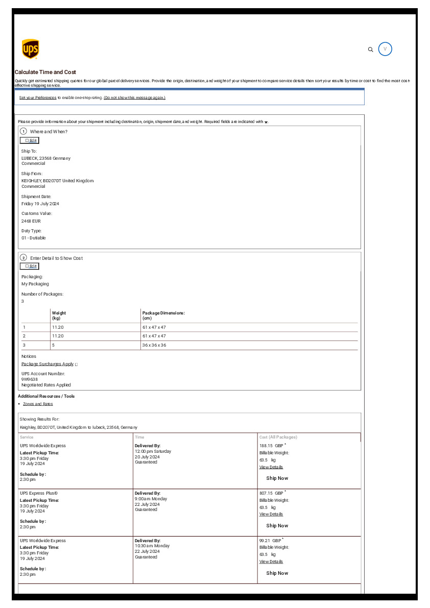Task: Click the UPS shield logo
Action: [x=31, y=50]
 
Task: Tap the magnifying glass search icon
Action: [x=371, y=50]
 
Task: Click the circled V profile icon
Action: [x=385, y=49]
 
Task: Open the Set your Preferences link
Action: [x=38, y=98]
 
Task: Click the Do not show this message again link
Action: [x=134, y=98]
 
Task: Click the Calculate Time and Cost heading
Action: [x=45, y=72]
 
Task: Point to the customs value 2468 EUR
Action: [x=31, y=221]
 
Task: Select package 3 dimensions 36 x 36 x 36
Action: [x=154, y=345]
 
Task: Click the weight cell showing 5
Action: [x=53, y=345]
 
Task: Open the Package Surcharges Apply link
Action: [x=47, y=364]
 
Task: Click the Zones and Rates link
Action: [x=38, y=404]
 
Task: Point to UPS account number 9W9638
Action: [x=30, y=379]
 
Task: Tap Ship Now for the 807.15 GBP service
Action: [x=277, y=526]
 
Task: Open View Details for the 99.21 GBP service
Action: [x=271, y=562]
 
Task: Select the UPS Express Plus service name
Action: [x=39, y=493]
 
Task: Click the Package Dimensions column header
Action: [x=163, y=313]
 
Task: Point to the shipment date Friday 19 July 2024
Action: [x=40, y=204]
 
